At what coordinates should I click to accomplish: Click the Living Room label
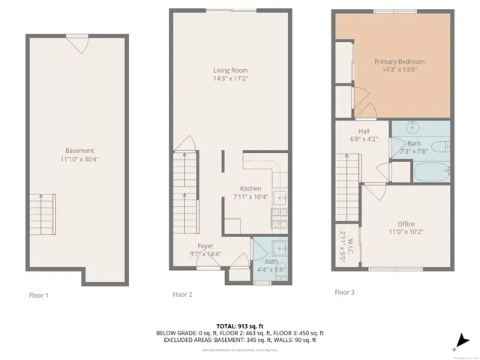coord(230,70)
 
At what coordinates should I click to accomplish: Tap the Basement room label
coord(79,150)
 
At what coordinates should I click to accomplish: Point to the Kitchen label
coord(250,188)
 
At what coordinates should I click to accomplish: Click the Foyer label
coord(205,246)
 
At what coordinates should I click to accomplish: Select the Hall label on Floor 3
coord(363,130)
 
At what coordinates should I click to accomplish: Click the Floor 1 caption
coord(38,295)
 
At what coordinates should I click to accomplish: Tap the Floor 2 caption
coord(182,295)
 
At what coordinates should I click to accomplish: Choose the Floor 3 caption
coord(344,292)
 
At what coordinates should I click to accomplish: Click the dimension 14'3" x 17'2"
coord(230,78)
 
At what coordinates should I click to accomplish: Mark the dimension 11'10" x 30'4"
coord(79,158)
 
